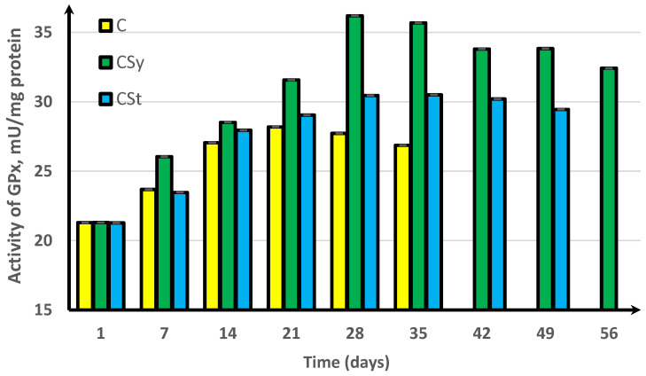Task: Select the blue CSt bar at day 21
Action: pos(307,213)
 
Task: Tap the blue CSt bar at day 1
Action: pos(116,266)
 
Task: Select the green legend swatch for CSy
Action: pos(107,61)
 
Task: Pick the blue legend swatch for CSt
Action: pos(107,99)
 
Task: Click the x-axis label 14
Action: pos(227,335)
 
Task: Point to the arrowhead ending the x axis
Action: pos(636,310)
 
